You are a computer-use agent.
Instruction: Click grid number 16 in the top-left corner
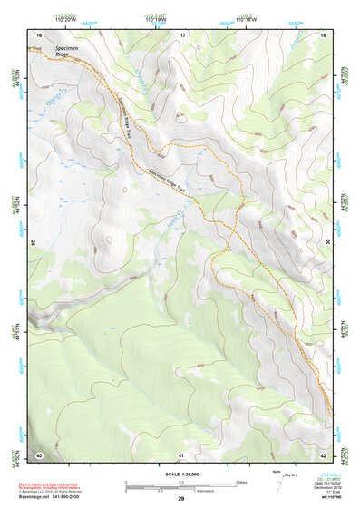pyautogui.click(x=38, y=35)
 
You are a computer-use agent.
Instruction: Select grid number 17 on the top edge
pyautogui.click(x=182, y=35)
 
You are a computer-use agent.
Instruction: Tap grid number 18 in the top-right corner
pyautogui.click(x=324, y=35)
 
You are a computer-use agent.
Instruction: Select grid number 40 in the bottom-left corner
pyautogui.click(x=38, y=454)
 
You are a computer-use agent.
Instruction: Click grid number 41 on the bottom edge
pyautogui.click(x=181, y=454)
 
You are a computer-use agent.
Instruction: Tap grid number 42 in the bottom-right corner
pyautogui.click(x=324, y=454)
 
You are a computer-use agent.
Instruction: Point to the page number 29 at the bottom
pyautogui.click(x=180, y=499)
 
